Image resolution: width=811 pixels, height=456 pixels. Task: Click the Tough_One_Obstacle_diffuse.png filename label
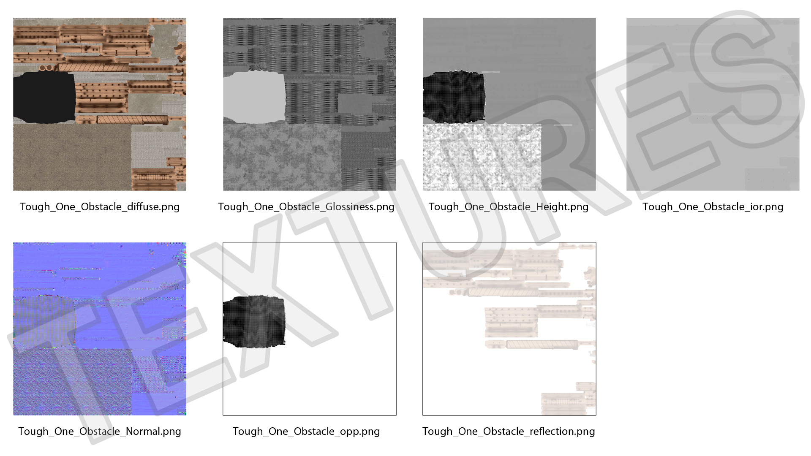(x=100, y=207)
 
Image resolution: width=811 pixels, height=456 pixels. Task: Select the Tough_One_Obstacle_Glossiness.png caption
(x=306, y=207)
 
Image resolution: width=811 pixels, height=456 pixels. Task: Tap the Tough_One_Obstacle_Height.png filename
(x=509, y=207)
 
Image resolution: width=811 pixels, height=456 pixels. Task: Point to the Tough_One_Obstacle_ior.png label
(x=713, y=207)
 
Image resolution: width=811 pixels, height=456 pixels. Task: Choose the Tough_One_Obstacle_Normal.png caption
(x=100, y=432)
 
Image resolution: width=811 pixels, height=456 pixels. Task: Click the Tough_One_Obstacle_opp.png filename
(x=306, y=432)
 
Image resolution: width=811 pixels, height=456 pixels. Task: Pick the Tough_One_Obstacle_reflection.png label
(x=509, y=432)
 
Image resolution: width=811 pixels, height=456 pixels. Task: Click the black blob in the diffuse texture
(x=44, y=98)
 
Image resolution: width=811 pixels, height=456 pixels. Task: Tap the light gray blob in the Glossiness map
(x=254, y=98)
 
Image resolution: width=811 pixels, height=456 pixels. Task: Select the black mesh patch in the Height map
(x=454, y=98)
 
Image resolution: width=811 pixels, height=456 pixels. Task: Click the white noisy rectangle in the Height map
(x=482, y=157)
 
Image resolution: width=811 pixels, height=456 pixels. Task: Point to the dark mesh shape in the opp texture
(x=254, y=322)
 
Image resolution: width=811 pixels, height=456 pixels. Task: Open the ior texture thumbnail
(x=713, y=104)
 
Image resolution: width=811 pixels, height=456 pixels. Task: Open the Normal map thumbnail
(x=100, y=329)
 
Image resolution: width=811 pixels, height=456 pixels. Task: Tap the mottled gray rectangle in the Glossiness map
(x=282, y=157)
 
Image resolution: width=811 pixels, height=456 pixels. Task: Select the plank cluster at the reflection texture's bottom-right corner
(x=569, y=399)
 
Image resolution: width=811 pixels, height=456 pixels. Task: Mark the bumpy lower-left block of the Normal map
(x=72, y=382)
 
